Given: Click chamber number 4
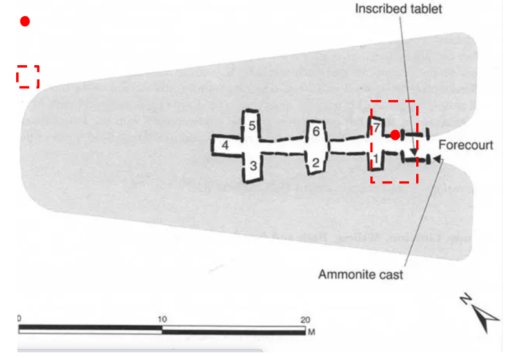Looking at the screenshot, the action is pyautogui.click(x=225, y=145).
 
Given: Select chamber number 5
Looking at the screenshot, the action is pyautogui.click(x=252, y=126).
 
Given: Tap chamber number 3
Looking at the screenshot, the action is pyautogui.click(x=254, y=166).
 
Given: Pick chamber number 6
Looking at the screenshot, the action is pyautogui.click(x=316, y=131).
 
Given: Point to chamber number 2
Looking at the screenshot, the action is pyautogui.click(x=316, y=162).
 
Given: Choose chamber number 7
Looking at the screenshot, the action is pyautogui.click(x=376, y=127).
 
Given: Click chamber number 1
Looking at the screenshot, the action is pyautogui.click(x=376, y=159).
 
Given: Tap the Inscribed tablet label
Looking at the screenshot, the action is pyautogui.click(x=398, y=9).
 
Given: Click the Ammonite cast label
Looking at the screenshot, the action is pyautogui.click(x=361, y=274).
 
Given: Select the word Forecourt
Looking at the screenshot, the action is pyautogui.click(x=466, y=145).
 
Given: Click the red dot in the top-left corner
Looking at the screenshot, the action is pyautogui.click(x=25, y=21).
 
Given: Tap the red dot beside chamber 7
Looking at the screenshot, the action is pyautogui.click(x=395, y=135).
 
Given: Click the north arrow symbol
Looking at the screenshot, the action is pyautogui.click(x=481, y=313).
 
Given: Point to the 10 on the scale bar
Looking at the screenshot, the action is pyautogui.click(x=163, y=319).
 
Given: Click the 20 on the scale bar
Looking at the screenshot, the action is pyautogui.click(x=305, y=319).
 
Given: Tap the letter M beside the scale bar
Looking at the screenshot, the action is pyautogui.click(x=312, y=332).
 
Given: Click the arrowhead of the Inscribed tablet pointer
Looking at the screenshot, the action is pyautogui.click(x=414, y=152).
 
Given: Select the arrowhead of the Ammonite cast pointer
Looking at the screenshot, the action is pyautogui.click(x=437, y=159).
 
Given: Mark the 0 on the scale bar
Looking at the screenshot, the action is pyautogui.click(x=19, y=318).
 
